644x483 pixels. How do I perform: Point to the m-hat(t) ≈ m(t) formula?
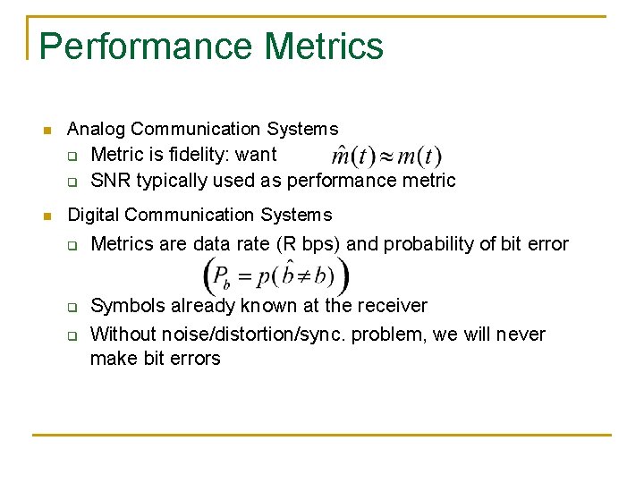(386, 156)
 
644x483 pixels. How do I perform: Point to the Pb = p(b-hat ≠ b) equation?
(278, 278)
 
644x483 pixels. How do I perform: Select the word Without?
(124, 335)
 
